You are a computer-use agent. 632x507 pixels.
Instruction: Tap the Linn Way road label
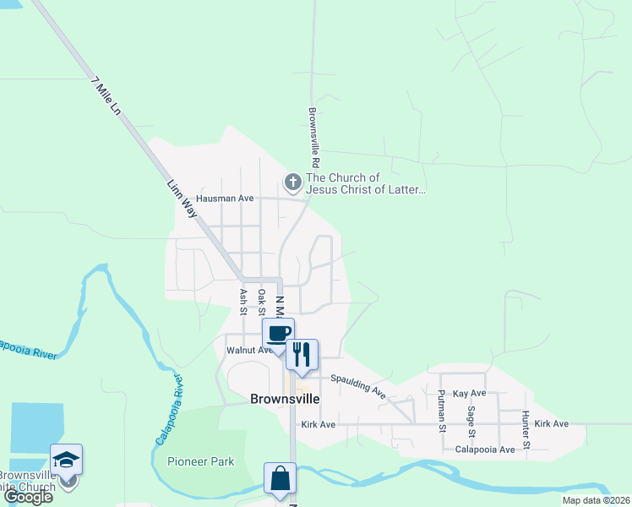[x=183, y=199]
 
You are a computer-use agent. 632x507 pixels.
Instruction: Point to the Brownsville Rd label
[x=313, y=136]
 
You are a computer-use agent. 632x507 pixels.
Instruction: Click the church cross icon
[x=292, y=182]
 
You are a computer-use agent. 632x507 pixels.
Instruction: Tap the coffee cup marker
[x=279, y=333]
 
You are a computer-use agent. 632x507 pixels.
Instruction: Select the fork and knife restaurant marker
[x=302, y=352]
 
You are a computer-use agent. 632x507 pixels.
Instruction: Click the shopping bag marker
[x=280, y=477]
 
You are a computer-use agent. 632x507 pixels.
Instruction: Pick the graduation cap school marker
[x=66, y=459]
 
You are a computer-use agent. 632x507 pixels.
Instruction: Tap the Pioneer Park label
[x=201, y=461]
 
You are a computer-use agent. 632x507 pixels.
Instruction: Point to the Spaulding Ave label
[x=358, y=387]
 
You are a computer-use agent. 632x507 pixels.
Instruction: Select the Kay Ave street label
[x=470, y=394]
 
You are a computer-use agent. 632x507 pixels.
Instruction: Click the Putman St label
[x=442, y=411]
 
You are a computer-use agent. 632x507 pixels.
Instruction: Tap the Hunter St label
[x=526, y=428]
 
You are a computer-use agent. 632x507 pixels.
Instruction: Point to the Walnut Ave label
[x=247, y=350]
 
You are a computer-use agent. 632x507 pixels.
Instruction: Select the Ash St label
[x=242, y=300]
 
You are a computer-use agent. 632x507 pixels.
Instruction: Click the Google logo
[x=28, y=497]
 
